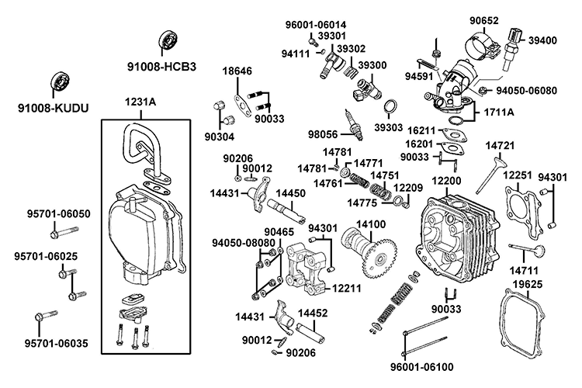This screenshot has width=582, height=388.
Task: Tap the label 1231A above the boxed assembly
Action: (140, 101)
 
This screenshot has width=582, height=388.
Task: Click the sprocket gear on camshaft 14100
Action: (380, 252)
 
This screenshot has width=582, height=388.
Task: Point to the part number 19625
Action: (544, 285)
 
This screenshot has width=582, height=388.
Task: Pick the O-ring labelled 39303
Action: (393, 106)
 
